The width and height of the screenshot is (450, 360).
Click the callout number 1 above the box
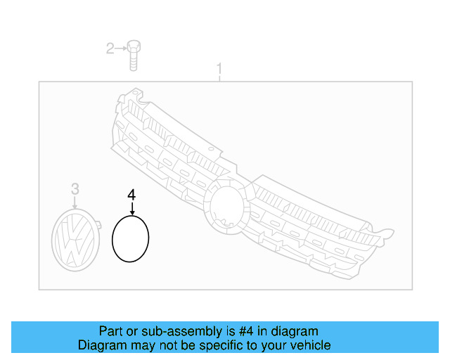click(x=219, y=69)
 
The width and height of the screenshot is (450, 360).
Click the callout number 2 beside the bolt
click(x=110, y=49)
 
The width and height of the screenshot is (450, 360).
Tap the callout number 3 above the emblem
click(x=75, y=188)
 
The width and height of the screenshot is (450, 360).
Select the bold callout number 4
click(x=131, y=193)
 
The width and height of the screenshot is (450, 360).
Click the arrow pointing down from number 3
click(x=75, y=202)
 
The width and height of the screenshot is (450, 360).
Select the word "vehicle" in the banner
click(x=311, y=345)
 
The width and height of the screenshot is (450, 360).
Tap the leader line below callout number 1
click(x=219, y=78)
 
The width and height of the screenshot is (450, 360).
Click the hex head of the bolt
click(x=134, y=47)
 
